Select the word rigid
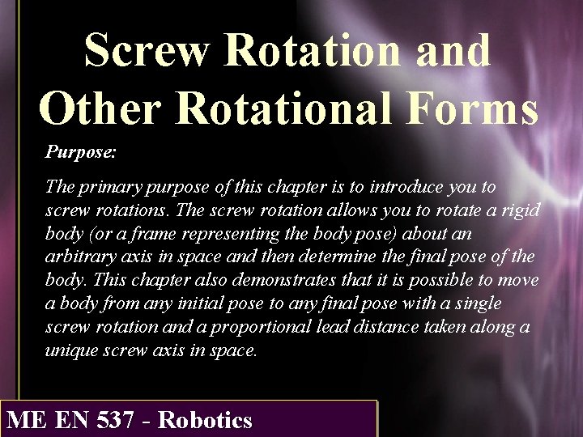pyautogui.click(x=518, y=210)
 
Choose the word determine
pyautogui.click(x=352, y=257)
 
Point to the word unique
pyautogui.click(x=70, y=350)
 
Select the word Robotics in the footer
pyautogui.click(x=206, y=421)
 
